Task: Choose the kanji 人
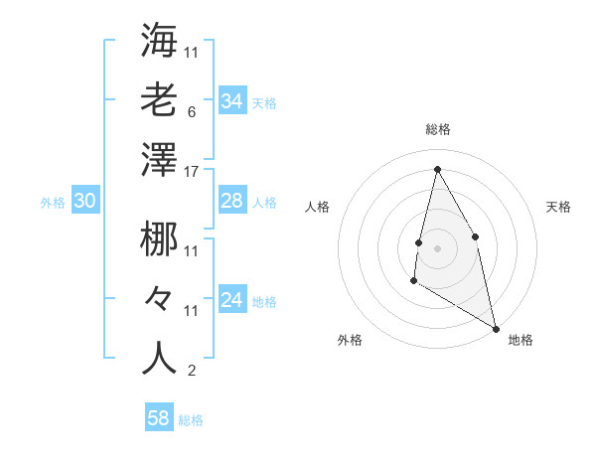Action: point(159,358)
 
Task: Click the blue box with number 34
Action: point(231,100)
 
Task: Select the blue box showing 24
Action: point(231,300)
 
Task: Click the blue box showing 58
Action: point(159,418)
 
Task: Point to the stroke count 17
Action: point(192,172)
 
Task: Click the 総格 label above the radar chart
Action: point(437,129)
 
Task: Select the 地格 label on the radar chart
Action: point(521,341)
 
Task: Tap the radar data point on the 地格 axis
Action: point(497,329)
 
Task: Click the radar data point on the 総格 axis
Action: point(437,169)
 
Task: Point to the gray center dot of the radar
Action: point(437,248)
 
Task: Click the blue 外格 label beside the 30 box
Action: point(53,203)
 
